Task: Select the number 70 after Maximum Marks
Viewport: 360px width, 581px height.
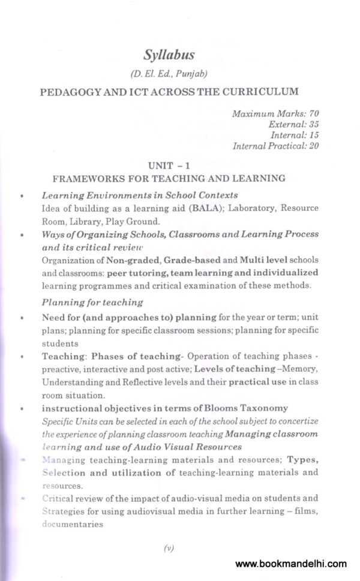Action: coord(311,113)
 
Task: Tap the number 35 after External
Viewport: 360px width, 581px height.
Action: coord(311,124)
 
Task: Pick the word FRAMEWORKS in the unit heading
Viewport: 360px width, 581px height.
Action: coord(84,178)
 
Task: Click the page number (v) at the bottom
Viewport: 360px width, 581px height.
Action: coord(168,548)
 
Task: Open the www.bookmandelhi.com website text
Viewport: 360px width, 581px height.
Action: coord(291,564)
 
